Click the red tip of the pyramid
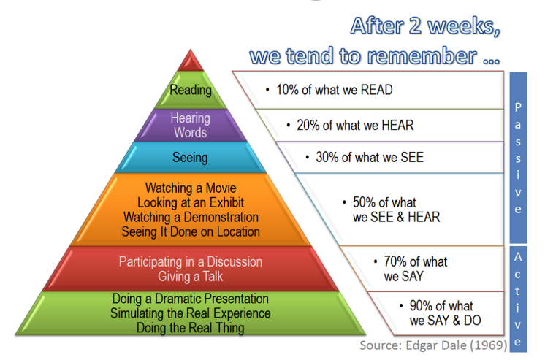point(191,60)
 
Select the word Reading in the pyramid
point(191,91)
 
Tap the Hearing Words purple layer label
point(190,125)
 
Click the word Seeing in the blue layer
point(190,158)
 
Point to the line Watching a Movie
point(191,188)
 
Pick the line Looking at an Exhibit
point(191,203)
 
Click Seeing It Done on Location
point(191,232)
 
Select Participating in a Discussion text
point(191,261)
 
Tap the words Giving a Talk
point(191,276)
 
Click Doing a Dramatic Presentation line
point(191,299)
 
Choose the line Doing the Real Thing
point(191,328)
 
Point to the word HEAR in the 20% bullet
point(399,125)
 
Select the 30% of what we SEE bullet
point(369,157)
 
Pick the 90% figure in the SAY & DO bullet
point(422,305)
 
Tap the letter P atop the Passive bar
point(518,107)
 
